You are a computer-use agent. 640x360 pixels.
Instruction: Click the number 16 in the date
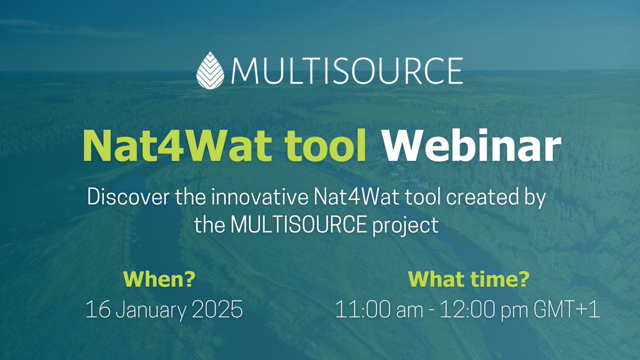[96, 310]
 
